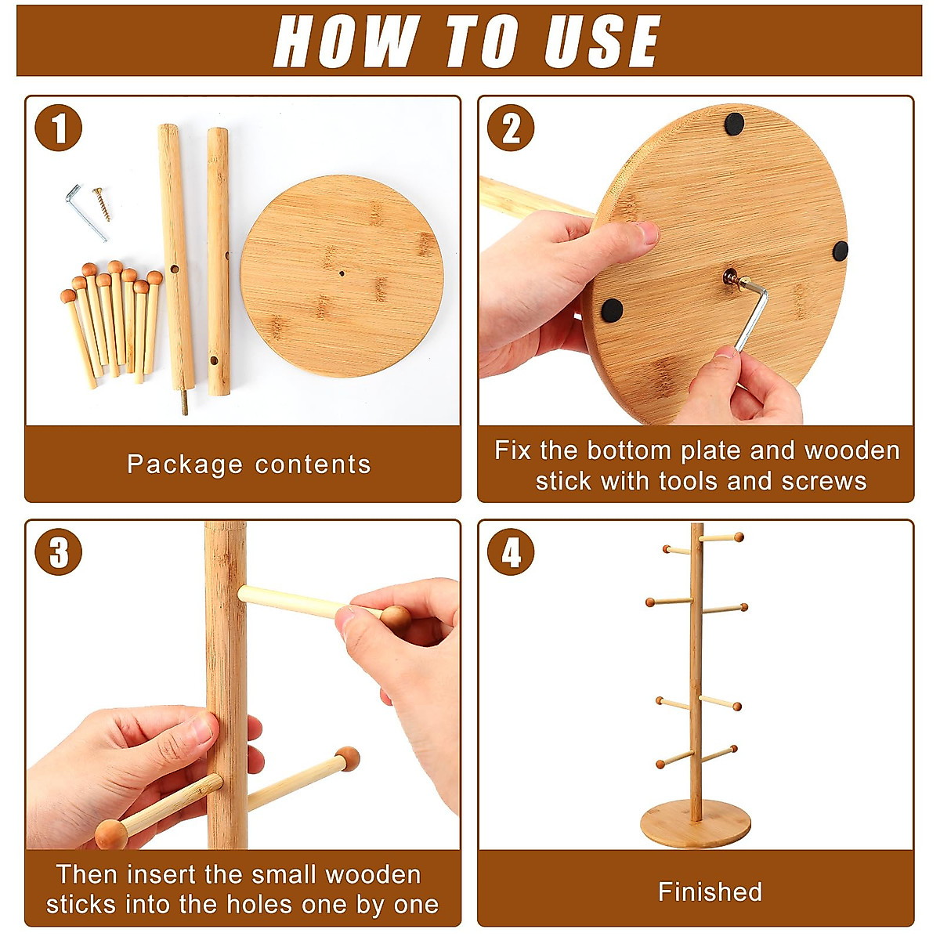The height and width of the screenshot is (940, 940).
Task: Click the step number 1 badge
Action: pos(59,128)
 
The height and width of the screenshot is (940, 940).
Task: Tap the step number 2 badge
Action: pos(511,128)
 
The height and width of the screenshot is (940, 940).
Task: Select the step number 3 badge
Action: pos(59,551)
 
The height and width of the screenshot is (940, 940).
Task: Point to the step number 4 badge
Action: pos(511,551)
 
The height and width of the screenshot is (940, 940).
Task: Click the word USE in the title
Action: pos(602,41)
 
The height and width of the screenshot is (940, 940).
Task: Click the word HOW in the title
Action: pos(347,41)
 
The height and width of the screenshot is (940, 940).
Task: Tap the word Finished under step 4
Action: pos(710,891)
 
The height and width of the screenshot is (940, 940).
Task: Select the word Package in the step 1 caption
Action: pos(184,465)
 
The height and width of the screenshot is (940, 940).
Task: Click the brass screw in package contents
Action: pos(102,204)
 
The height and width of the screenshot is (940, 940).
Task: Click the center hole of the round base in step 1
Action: pos(342,273)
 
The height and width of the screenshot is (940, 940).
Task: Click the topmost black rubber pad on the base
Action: pos(734,124)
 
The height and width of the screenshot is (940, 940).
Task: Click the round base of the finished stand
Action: pos(695,824)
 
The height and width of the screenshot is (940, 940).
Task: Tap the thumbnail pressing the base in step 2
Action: pos(649,233)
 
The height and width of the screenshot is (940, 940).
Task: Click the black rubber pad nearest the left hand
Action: pos(613,310)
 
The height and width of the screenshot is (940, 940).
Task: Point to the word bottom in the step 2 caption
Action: pos(629,450)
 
